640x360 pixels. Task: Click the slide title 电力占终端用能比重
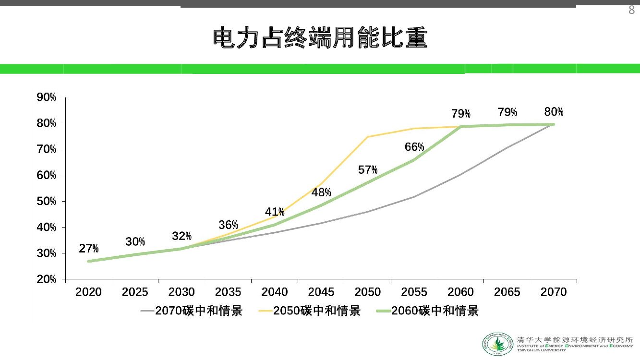320,38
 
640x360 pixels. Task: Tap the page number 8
631,11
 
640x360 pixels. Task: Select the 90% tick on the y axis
47,98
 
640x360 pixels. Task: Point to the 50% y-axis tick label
47,201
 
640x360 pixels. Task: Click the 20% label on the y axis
47,279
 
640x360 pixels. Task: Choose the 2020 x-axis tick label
88,292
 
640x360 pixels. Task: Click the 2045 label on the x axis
321,292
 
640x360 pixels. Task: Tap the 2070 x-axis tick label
554,292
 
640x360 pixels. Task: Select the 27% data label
89,249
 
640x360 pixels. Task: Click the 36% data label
228,225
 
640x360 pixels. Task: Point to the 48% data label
321,193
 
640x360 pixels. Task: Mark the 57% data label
368,170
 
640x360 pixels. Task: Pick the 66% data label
414,147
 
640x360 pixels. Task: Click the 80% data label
554,112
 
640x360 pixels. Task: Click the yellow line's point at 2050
368,137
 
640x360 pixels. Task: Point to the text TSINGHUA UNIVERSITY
542,350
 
